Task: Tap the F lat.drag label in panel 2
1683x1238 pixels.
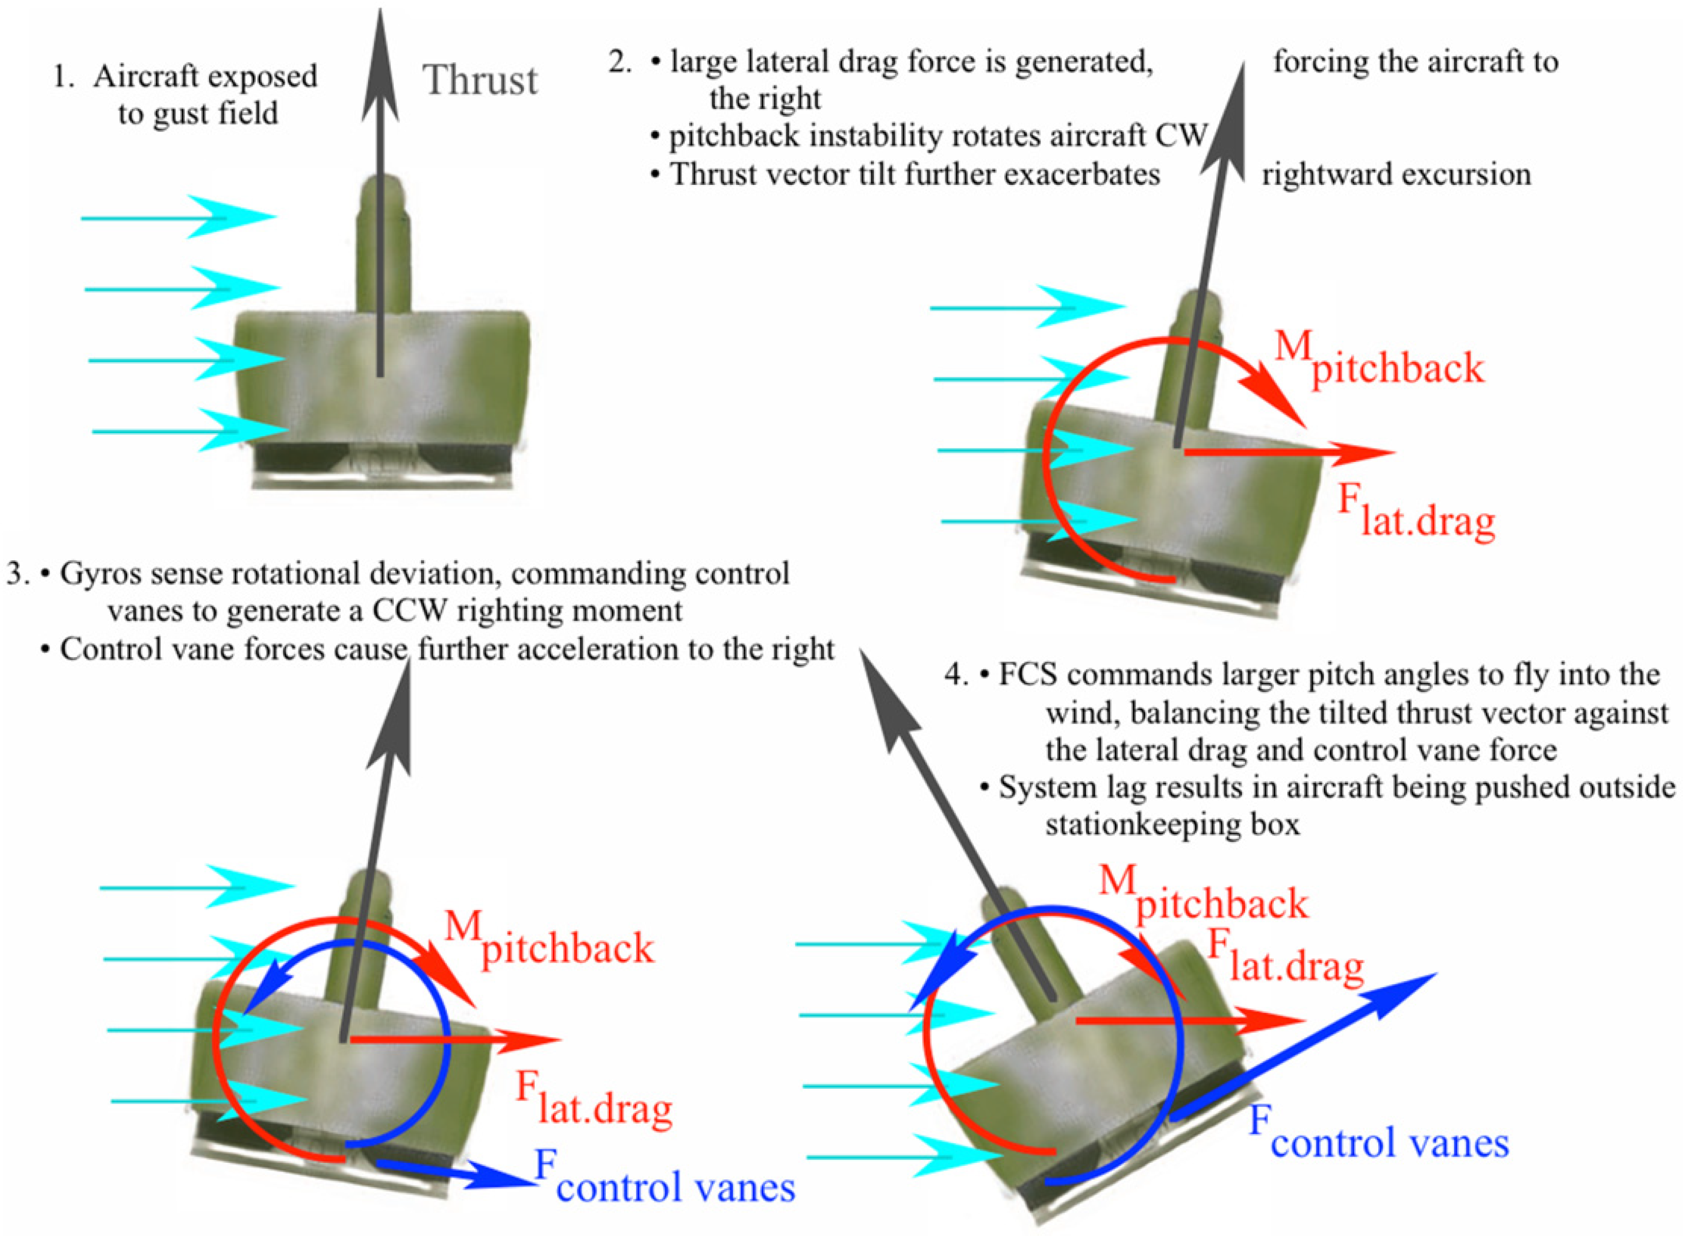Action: click(1415, 511)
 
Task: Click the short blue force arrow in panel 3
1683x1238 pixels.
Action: click(457, 1173)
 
